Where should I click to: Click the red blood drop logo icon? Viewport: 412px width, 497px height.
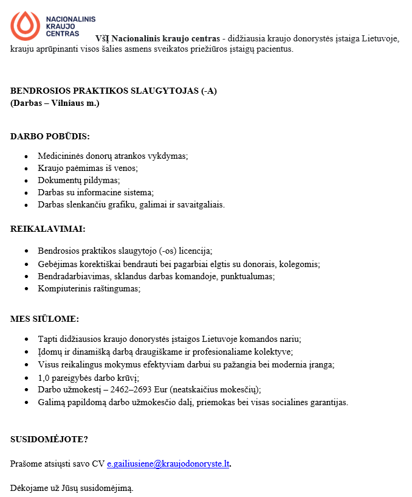click(24, 25)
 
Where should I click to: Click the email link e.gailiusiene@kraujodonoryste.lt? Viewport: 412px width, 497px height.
click(168, 464)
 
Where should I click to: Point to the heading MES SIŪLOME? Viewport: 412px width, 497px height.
click(45, 318)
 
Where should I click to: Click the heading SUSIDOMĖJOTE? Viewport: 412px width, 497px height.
click(49, 439)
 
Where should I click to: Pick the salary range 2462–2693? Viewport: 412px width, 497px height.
click(137, 389)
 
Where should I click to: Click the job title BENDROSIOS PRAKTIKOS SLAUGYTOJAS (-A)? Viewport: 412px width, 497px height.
click(114, 91)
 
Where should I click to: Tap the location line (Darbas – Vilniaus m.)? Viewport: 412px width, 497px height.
click(55, 103)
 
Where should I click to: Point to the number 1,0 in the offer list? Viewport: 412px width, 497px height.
click(44, 377)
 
